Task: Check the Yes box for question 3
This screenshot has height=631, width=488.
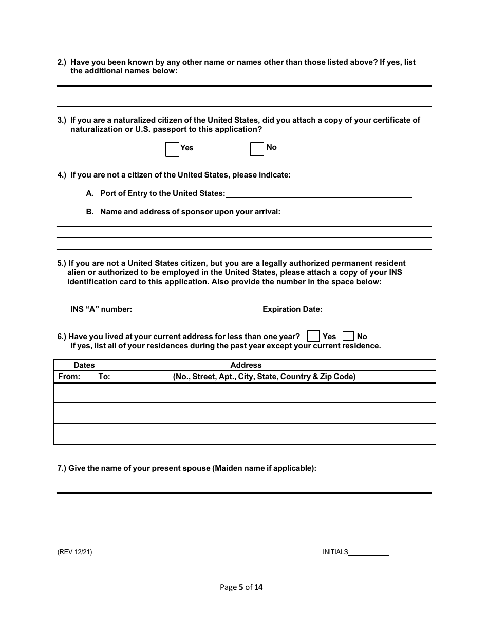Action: pos(172,149)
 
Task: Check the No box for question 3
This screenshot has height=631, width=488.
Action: pos(257,149)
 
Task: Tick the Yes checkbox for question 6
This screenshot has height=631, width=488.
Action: pos(313,337)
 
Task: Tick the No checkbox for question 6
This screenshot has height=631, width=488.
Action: pos(348,337)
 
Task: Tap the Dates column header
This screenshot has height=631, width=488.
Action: pos(84,365)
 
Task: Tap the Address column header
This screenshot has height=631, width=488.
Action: pos(246,365)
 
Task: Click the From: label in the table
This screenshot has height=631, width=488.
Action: pos(69,377)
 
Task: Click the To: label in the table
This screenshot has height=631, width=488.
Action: pos(104,377)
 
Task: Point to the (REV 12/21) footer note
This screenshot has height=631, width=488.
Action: pos(75,552)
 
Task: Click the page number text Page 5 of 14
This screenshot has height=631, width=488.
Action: pos(241,587)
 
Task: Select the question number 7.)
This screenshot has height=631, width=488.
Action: pos(62,468)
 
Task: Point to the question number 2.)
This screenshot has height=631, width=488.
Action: pos(62,62)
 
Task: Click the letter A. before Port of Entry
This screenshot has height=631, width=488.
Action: pos(90,193)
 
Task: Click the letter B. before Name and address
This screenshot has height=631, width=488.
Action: pos(90,212)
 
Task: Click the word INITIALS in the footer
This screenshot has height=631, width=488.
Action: pos(335,552)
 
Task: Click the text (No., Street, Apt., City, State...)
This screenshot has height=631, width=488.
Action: pos(264,377)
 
